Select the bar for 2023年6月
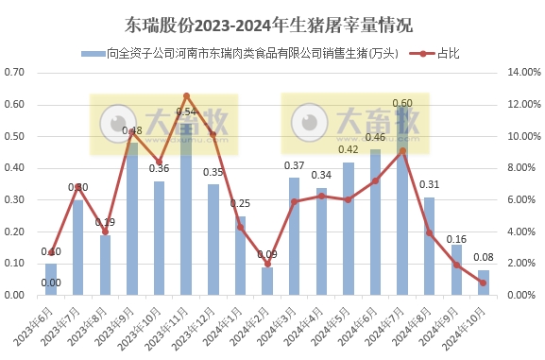tap(51, 280)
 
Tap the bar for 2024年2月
tap(267, 282)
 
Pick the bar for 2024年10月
tap(484, 283)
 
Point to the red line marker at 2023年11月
tap(186, 95)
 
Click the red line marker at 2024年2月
tap(267, 266)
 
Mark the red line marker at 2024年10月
tap(484, 283)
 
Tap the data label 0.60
tap(402, 103)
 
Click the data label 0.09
tap(267, 255)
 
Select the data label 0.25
tap(240, 204)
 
